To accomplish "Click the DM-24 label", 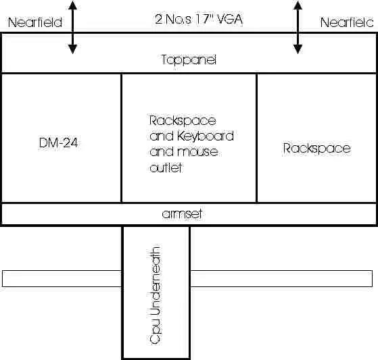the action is (58, 143).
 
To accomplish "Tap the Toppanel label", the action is (189, 60).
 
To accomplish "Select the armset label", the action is (182, 214).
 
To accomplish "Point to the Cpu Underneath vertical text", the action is (155, 294).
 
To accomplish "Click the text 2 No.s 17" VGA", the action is (199, 20).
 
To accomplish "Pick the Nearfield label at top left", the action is (35, 22).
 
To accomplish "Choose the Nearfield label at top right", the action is (347, 22).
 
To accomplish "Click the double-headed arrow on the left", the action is (72, 27).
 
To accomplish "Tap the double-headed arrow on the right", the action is (298, 27).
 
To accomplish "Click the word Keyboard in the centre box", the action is (206, 136).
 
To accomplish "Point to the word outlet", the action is (166, 168).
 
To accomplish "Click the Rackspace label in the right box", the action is (316, 149).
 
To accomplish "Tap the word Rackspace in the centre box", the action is (183, 121).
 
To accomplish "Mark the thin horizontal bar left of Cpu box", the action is (62, 278).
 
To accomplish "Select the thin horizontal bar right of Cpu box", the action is (281, 278).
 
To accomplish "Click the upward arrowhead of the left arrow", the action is (72, 5).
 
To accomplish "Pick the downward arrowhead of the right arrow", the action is (298, 49).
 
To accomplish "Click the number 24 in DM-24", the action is (72, 143).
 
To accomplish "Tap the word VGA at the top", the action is (229, 20).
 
